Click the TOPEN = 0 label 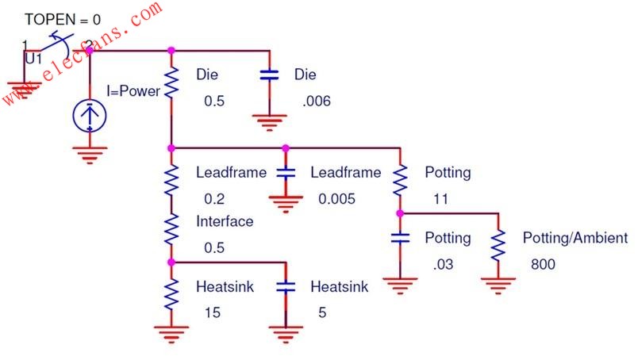(x=63, y=20)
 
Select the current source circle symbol (x=90, y=116)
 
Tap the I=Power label (x=133, y=90)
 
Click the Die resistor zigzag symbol (x=171, y=82)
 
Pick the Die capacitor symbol (x=269, y=75)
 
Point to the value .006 (x=317, y=101)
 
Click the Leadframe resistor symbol (x=171, y=180)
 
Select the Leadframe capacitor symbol (x=286, y=173)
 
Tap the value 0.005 (x=336, y=199)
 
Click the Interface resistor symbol (x=171, y=229)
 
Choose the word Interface (x=225, y=221)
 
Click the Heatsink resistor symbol (x=171, y=294)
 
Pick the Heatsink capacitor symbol (x=286, y=287)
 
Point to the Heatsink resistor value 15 (x=213, y=312)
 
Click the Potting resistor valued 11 (x=400, y=180)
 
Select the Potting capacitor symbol (x=400, y=238)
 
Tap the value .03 (x=443, y=264)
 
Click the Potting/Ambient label (x=575, y=238)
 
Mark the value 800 (x=543, y=264)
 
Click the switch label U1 (x=33, y=59)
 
